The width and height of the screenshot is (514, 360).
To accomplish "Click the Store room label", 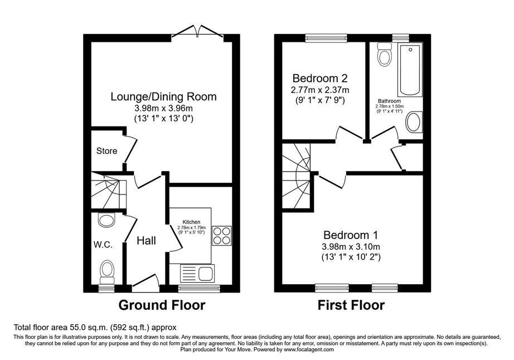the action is (x=106, y=151).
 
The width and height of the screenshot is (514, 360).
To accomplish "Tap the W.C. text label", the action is (x=103, y=245).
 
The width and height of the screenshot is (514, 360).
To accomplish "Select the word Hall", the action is (x=146, y=241).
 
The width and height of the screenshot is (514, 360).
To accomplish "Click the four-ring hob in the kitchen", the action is (x=221, y=236).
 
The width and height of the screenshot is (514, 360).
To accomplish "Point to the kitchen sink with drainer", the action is (x=197, y=274).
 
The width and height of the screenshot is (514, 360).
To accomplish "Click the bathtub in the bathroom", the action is (x=410, y=70).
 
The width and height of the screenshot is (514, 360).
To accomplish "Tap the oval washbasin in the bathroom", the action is (x=414, y=122).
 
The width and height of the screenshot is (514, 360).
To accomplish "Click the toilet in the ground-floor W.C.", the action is (x=107, y=271).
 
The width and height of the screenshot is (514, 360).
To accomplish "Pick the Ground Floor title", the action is (x=162, y=305).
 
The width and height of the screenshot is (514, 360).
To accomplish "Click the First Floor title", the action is (x=351, y=305).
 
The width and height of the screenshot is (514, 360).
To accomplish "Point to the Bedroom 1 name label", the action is (x=351, y=235).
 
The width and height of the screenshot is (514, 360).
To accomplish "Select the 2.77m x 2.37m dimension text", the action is (x=319, y=90).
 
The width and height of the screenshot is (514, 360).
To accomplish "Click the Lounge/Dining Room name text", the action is (x=163, y=96).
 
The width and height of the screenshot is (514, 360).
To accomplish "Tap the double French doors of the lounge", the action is (x=198, y=32).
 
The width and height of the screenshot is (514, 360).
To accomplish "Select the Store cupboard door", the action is (x=130, y=149).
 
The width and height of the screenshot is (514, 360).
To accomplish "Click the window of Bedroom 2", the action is (x=326, y=38).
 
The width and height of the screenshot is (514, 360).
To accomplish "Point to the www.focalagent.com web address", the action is (x=308, y=349).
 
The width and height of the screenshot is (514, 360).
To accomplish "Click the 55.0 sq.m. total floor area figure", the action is (x=89, y=327).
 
